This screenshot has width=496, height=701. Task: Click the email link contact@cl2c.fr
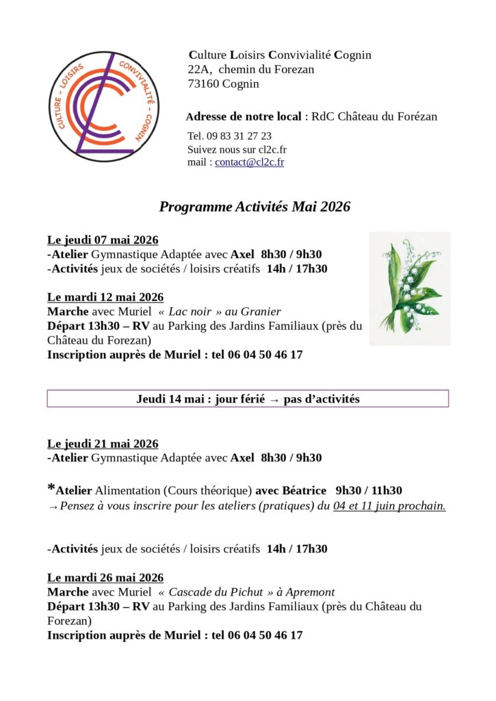coord(249,162)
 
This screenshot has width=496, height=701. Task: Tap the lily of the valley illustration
coord(410,288)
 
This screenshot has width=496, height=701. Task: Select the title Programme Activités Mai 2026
coord(254,207)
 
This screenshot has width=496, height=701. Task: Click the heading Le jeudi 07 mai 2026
coord(103,240)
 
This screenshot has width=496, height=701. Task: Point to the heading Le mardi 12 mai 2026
coord(105,297)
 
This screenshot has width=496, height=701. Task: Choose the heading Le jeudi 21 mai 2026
coord(103,444)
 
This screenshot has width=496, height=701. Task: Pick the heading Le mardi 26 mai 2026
coord(105,578)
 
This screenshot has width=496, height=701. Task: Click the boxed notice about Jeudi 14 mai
coord(248,398)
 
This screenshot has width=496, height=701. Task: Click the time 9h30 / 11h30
coord(369,490)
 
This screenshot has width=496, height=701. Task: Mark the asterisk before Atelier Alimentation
coord(51,487)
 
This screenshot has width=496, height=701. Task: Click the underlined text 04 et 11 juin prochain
coord(389,506)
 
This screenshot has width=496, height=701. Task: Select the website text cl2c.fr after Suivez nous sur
coord(272,149)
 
